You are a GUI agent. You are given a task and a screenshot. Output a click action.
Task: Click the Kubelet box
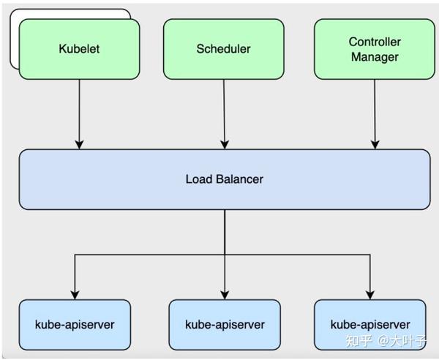[x=79, y=49]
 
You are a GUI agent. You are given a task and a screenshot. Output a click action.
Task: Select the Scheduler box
[x=223, y=49]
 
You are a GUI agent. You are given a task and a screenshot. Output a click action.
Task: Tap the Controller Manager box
[x=373, y=49]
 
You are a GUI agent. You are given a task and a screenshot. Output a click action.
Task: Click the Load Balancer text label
[x=224, y=179]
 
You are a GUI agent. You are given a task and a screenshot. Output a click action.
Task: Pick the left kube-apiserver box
[x=75, y=324]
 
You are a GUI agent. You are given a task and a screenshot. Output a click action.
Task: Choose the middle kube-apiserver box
[x=224, y=324]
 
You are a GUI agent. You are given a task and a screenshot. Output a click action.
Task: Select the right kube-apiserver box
[x=369, y=324]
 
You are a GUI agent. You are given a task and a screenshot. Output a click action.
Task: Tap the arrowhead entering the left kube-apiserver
[x=75, y=293]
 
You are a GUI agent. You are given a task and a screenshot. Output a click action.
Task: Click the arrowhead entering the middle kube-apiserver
[x=224, y=293]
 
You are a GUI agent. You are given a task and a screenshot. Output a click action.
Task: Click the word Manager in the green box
[x=374, y=56]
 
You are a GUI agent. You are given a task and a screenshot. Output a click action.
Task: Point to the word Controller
[x=374, y=42]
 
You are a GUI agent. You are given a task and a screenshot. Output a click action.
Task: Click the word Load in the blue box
[x=198, y=179]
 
